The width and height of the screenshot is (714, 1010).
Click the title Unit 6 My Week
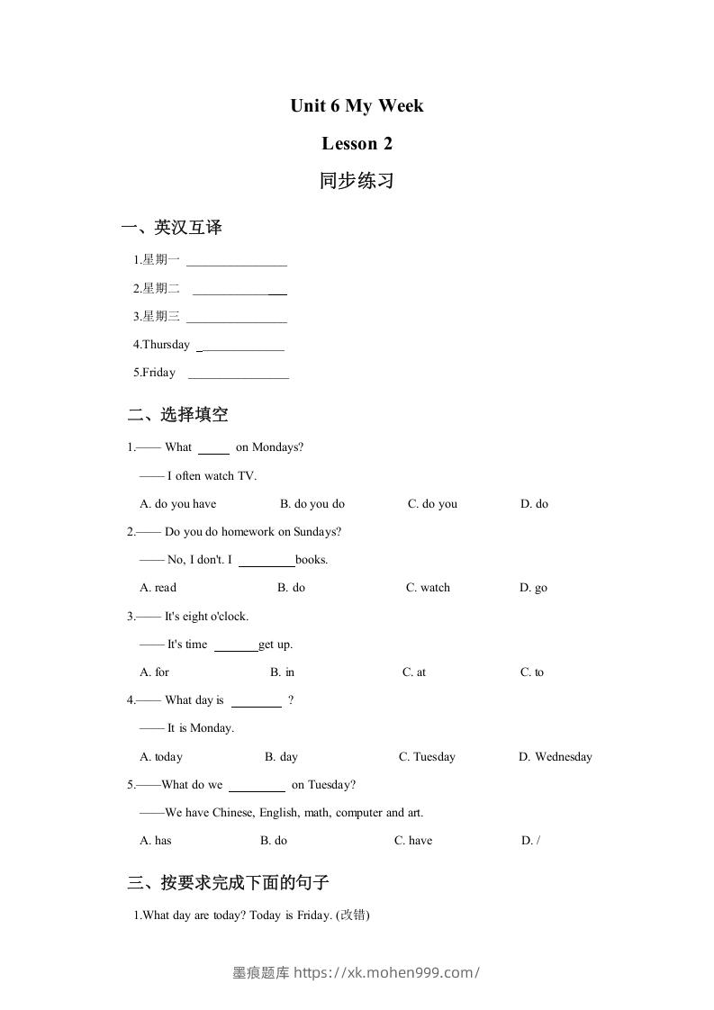[x=357, y=106]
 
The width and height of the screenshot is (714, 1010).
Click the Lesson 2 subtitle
[x=357, y=143]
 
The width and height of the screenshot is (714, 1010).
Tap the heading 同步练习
[x=357, y=181]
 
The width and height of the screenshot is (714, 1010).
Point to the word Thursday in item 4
[x=166, y=345]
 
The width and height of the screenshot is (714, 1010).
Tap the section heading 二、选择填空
[x=178, y=415]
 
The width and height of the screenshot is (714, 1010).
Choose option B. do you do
[x=312, y=504]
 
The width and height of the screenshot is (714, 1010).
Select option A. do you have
[x=178, y=504]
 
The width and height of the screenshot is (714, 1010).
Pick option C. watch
[x=428, y=588]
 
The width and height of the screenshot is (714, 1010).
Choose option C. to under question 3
[x=532, y=672]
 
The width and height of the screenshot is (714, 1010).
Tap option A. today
[x=161, y=757]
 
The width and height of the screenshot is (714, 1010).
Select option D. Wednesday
[x=555, y=757]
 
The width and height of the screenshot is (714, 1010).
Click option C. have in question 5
[x=413, y=841]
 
